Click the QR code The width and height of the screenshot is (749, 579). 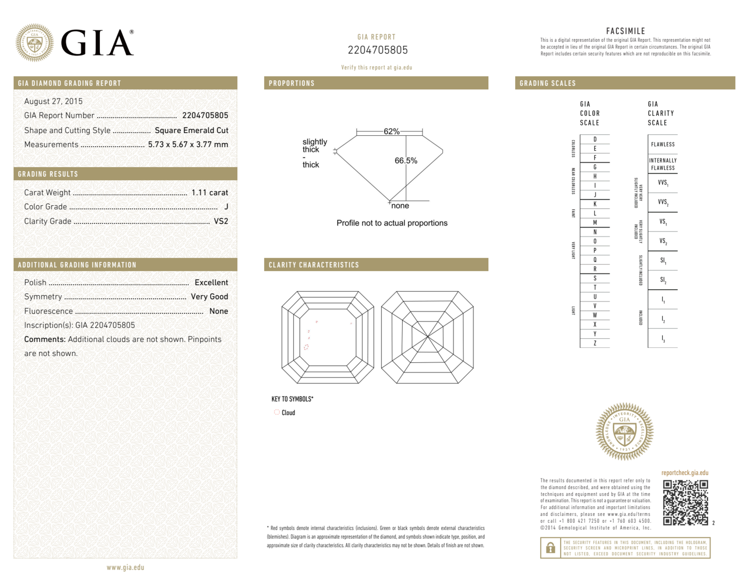(x=685, y=503)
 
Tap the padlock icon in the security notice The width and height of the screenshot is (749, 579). (x=550, y=548)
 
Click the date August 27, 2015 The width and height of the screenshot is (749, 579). (x=53, y=101)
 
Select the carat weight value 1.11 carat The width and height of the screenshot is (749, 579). (x=210, y=193)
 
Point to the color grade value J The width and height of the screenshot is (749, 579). (x=226, y=207)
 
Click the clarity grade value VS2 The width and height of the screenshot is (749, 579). (x=221, y=221)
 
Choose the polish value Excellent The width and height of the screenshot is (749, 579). (x=211, y=282)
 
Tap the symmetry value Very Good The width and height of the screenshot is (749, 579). (x=209, y=297)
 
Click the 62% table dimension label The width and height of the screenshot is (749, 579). (x=392, y=131)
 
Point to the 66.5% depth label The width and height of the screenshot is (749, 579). (x=406, y=161)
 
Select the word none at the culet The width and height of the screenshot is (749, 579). (x=400, y=206)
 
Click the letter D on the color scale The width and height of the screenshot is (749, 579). (x=595, y=139)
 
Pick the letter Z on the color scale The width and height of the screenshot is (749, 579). (x=595, y=343)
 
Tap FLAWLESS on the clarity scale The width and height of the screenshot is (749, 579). (x=663, y=145)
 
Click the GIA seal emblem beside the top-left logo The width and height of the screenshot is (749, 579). (x=34, y=43)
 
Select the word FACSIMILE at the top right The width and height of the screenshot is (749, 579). (x=625, y=31)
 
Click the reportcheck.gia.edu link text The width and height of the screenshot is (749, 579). (x=685, y=473)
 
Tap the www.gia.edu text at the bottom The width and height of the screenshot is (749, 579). (x=125, y=567)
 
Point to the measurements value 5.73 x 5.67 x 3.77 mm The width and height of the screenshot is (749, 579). (x=188, y=145)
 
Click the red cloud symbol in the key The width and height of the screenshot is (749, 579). (x=277, y=412)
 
